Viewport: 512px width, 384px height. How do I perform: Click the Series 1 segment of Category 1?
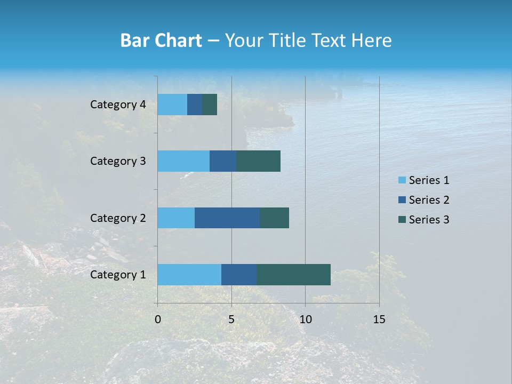coord(189,275)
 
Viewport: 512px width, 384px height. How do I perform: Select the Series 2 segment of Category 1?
coord(239,275)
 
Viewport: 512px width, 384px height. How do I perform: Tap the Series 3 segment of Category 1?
coord(293,275)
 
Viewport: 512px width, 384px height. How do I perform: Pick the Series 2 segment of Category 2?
coord(227,218)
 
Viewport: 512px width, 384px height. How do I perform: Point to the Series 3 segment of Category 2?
coord(274,218)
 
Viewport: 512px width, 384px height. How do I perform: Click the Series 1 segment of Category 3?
coord(183,161)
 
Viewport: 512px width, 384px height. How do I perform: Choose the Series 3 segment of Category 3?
coord(258,161)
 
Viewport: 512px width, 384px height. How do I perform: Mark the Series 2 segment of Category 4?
coord(195,105)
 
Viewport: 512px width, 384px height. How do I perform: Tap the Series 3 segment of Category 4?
coord(210,105)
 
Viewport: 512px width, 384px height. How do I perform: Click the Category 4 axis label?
coord(118,105)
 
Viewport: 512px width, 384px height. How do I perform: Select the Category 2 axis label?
coord(118,218)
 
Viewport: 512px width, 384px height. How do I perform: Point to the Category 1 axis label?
coord(118,275)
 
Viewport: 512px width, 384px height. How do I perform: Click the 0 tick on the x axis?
coord(158,319)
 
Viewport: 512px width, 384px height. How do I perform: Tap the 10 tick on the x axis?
coord(305,319)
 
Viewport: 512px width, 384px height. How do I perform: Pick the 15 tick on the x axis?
coord(379,319)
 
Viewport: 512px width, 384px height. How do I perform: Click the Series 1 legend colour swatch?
coord(402,180)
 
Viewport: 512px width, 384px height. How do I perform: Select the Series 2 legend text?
coord(429,200)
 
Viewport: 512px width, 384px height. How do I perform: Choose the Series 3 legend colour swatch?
coord(402,220)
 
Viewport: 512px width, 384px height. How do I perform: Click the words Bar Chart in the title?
coord(161,41)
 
